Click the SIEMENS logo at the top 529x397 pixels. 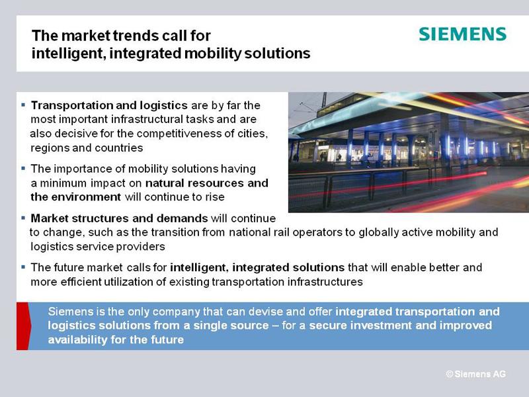pyautogui.click(x=462, y=34)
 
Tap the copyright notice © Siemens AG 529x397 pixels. pyautogui.click(x=475, y=374)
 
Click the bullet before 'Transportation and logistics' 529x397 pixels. pyautogui.click(x=23, y=105)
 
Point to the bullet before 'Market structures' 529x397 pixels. pyautogui.click(x=23, y=218)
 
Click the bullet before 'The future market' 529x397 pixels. pyautogui.click(x=23, y=267)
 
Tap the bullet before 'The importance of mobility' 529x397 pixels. pyautogui.click(x=23, y=168)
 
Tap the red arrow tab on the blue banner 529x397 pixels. pyautogui.click(x=23, y=326)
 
